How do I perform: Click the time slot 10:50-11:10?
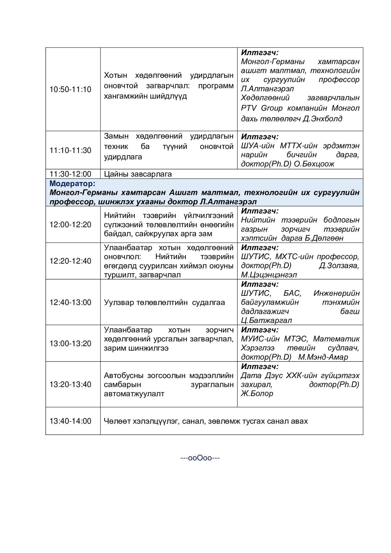pyautogui.click(x=70, y=89)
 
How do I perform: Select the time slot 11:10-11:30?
pyautogui.click(x=70, y=150)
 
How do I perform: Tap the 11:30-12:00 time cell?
pyautogui.click(x=70, y=174)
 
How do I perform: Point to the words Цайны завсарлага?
pyautogui.click(x=138, y=174)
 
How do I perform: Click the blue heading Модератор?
pyautogui.click(x=72, y=184)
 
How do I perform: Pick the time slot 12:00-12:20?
pyautogui.click(x=70, y=225)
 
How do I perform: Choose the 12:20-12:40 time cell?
pyautogui.click(x=70, y=261)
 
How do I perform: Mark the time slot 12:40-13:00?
pyautogui.click(x=70, y=302)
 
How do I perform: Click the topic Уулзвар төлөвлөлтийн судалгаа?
pyautogui.click(x=164, y=302)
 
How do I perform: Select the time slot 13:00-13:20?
pyautogui.click(x=70, y=343)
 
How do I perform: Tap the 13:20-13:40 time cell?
pyautogui.click(x=70, y=384)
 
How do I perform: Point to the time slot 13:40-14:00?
pyautogui.click(x=70, y=421)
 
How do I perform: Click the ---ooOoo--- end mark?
pyautogui.click(x=200, y=458)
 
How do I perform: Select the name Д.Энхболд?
pyautogui.click(x=322, y=119)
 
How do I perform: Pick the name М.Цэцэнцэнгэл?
pyautogui.click(x=269, y=275)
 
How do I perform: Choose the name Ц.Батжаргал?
pyautogui.click(x=266, y=321)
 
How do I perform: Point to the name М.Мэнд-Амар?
pyautogui.click(x=323, y=357)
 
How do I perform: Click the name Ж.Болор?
pyautogui.click(x=257, y=393)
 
